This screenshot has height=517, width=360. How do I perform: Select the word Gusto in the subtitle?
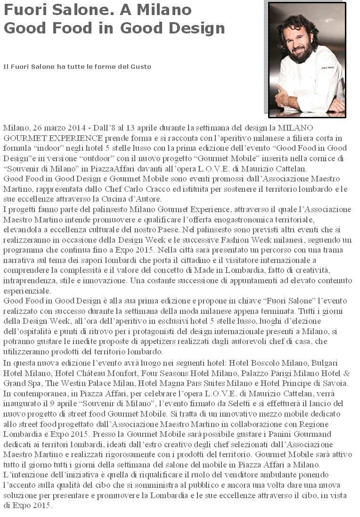(x=139, y=67)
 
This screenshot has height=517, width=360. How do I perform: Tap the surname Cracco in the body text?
(x=148, y=189)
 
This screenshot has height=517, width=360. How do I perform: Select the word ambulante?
(x=311, y=475)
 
